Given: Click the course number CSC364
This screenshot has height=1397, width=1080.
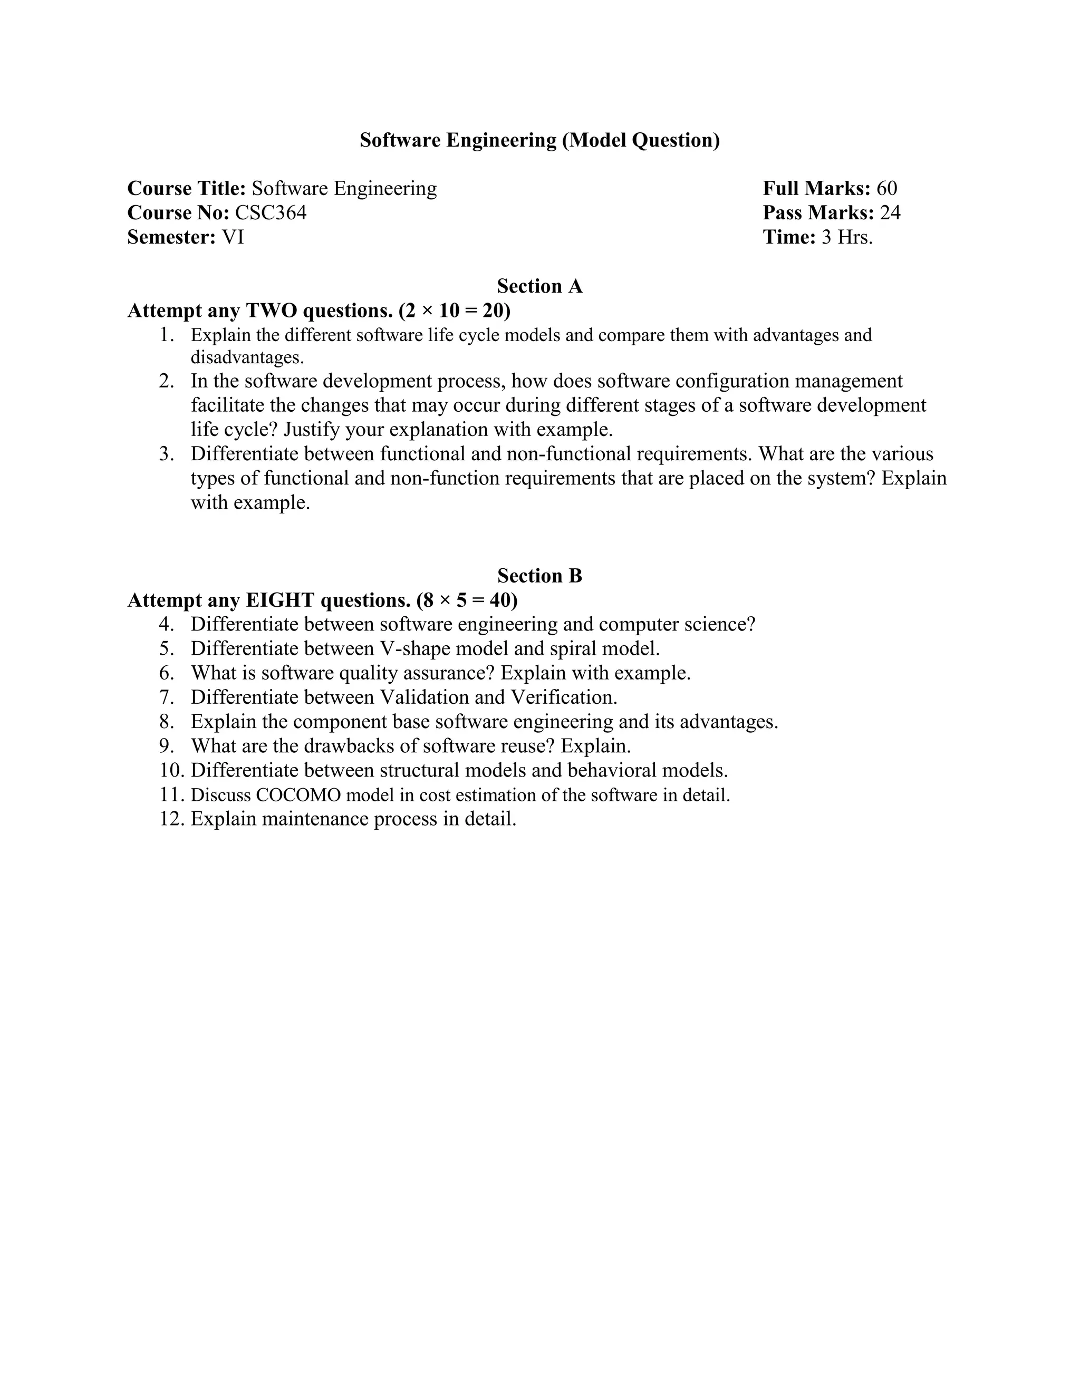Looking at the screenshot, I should click(271, 212).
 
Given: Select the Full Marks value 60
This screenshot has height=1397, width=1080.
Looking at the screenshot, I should click(887, 188).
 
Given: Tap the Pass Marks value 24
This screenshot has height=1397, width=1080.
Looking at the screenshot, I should click(890, 212).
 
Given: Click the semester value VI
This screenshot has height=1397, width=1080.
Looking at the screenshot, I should click(233, 237).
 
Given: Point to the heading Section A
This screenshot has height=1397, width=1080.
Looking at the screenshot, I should click(539, 286).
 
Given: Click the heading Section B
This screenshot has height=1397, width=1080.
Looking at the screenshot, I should click(539, 576).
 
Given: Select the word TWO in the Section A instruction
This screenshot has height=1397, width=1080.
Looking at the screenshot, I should click(271, 311).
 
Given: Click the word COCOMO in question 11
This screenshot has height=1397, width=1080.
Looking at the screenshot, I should click(298, 795).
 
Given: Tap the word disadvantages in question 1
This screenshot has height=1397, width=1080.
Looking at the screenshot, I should click(246, 357).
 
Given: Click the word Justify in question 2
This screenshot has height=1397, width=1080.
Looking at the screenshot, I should click(315, 429).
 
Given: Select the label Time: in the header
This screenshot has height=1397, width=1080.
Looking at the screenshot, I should click(789, 237).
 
